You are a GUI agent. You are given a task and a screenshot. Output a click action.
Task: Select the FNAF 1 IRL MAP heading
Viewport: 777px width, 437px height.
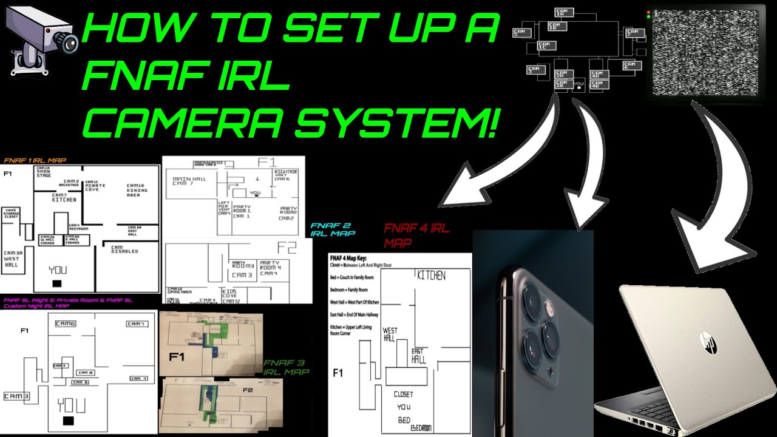click(x=35, y=161)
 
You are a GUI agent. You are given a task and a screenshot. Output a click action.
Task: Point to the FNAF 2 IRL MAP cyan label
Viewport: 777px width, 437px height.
click(x=332, y=229)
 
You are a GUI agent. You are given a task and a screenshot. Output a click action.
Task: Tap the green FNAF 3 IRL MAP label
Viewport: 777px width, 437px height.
click(x=286, y=367)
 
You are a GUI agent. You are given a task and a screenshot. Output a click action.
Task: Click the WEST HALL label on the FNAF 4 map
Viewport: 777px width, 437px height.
click(x=390, y=334)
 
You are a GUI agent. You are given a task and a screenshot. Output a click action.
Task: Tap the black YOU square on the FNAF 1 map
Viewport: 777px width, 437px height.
click(x=57, y=283)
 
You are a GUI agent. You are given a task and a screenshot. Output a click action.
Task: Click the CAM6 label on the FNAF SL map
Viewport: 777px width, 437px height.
click(x=65, y=324)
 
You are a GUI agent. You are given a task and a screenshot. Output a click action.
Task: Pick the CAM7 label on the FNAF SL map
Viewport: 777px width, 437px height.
click(x=136, y=324)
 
